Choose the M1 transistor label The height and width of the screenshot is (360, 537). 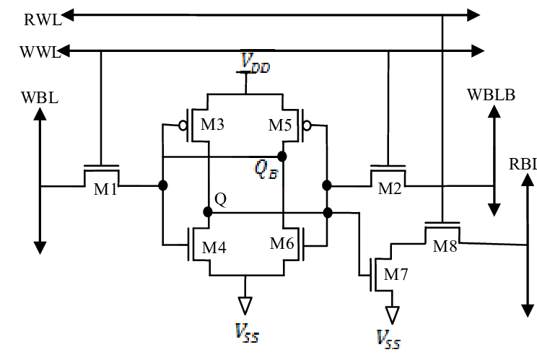point(105,191)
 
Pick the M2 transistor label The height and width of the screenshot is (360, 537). point(390,191)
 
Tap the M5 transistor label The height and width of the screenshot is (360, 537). point(280,124)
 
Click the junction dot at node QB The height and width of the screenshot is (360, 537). point(282,156)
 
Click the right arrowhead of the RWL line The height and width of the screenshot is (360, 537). point(473,14)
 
